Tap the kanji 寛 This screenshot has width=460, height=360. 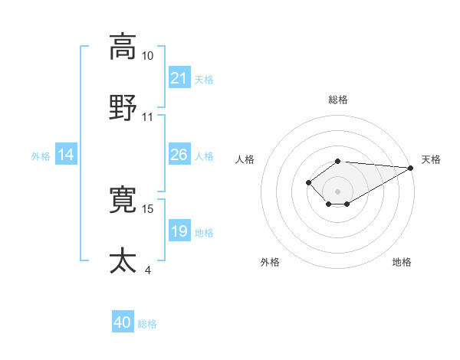click(x=123, y=200)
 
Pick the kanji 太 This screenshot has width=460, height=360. click(x=123, y=260)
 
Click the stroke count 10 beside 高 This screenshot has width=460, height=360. click(x=148, y=56)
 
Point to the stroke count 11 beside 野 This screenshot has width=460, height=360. click(x=148, y=117)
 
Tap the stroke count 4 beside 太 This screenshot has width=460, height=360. click(x=148, y=270)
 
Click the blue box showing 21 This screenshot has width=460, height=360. click(x=179, y=78)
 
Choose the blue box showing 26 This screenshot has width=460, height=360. click(x=179, y=155)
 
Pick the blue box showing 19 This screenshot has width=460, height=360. click(x=179, y=231)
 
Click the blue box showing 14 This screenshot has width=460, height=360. click(x=67, y=155)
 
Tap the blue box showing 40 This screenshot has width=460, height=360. click(x=123, y=322)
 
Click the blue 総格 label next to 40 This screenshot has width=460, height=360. click(x=148, y=324)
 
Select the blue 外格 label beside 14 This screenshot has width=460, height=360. click(x=41, y=156)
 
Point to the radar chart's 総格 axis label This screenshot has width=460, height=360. click(x=338, y=100)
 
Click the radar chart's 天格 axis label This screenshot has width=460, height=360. click(x=432, y=159)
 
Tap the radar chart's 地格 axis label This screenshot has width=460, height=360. click(x=402, y=262)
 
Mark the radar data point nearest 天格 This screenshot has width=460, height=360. click(x=411, y=168)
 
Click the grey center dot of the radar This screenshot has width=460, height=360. click(x=338, y=191)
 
